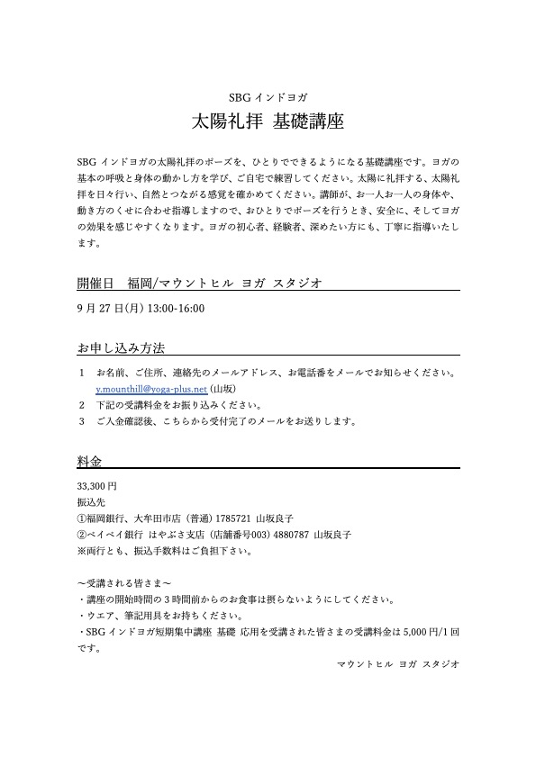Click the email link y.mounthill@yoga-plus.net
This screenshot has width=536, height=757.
[151, 390]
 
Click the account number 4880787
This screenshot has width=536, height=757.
[287, 534]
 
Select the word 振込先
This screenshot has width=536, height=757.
[91, 502]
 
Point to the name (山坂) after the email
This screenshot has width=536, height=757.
[223, 390]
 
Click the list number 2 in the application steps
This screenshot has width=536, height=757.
[81, 405]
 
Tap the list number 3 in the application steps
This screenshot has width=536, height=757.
[81, 420]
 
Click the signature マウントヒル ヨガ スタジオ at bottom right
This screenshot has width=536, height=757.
[397, 662]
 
